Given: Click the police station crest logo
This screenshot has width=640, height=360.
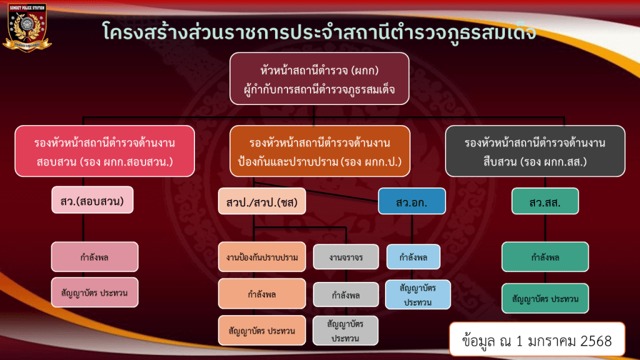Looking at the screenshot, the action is coord(27,27).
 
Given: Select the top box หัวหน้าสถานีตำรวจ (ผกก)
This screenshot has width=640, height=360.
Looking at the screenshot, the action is coord(319,79).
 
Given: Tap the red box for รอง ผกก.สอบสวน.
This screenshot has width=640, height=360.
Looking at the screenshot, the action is coord(104,151).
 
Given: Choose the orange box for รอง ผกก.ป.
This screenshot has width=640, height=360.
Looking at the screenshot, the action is coord(319,151).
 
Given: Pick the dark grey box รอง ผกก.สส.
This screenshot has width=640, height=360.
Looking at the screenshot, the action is coord(535,151).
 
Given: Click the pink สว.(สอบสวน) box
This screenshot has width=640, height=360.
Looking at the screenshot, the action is coord(92,200).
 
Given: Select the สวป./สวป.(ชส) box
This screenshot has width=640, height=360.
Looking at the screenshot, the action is coord(262,201).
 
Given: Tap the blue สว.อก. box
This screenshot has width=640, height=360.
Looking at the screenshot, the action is coord(412,201).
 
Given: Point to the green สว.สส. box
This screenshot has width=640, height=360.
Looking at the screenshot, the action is coord(545,201).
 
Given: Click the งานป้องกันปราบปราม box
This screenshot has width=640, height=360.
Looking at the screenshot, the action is coord(262,257).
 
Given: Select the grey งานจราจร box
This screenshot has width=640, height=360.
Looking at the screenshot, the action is coord(346,257).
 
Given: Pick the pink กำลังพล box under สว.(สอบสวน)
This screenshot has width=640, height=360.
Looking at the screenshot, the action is coord(95,257).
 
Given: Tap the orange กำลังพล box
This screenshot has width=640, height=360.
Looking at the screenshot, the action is coord(262,294).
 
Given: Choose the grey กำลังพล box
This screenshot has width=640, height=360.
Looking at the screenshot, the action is coord(346,294).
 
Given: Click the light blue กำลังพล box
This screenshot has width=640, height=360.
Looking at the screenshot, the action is coord(413,257).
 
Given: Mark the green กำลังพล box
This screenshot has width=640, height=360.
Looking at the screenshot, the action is coord(545,257).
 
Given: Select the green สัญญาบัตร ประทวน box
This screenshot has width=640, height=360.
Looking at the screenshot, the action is coord(545,298).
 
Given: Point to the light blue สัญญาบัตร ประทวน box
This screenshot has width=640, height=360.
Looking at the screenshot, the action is coord(417,294).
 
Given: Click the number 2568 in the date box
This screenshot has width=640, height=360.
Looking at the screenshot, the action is coord(596,341).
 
